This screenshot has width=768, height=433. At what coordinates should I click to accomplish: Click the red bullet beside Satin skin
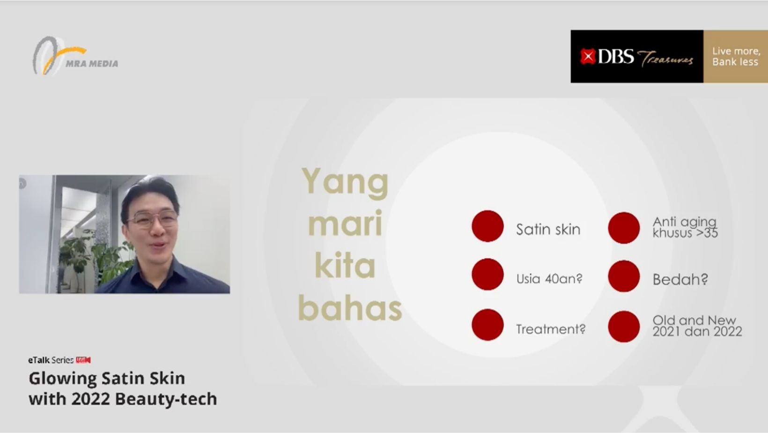(487, 226)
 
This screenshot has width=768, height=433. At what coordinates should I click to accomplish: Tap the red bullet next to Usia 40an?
(487, 275)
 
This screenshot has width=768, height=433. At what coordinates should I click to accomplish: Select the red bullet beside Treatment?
(487, 325)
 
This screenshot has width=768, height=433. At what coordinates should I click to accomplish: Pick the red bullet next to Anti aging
(624, 228)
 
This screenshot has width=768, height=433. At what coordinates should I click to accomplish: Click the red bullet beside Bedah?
(624, 276)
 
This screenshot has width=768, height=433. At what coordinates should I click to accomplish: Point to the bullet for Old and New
(624, 326)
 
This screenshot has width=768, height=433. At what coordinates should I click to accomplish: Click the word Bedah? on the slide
(680, 279)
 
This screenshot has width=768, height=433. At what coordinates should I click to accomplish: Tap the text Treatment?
(551, 329)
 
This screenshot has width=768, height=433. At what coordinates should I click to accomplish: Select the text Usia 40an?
(549, 279)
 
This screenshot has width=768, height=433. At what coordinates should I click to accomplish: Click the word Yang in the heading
(345, 182)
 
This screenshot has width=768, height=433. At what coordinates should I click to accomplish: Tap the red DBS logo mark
(588, 56)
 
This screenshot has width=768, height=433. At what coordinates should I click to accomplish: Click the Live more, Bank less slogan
(736, 57)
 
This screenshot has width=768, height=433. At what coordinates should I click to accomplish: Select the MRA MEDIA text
(92, 63)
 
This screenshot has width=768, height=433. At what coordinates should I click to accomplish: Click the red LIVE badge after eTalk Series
(83, 360)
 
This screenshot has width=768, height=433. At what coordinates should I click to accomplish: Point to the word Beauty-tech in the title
(166, 399)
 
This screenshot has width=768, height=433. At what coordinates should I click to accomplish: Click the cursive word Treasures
(665, 59)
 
